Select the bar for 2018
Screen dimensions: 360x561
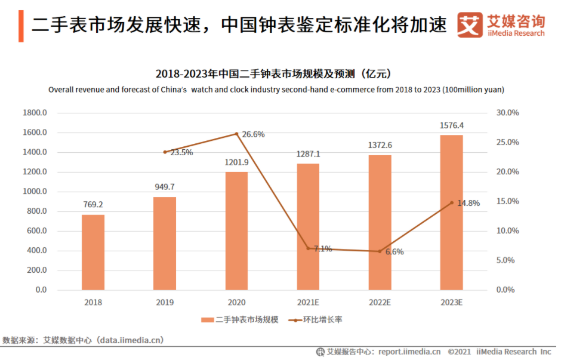(93, 252)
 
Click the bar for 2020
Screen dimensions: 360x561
(236, 230)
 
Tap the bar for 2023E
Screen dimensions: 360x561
(451, 212)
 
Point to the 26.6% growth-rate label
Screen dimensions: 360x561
(253, 134)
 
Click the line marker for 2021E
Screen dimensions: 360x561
(308, 248)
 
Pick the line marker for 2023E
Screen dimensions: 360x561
(451, 202)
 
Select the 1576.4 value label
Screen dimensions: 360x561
(451, 125)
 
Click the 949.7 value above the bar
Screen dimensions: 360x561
(165, 187)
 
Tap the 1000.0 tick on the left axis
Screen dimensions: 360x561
(34, 192)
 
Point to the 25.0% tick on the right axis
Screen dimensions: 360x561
(508, 142)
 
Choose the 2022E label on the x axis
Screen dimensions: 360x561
(380, 303)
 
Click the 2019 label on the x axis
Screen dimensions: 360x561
(165, 303)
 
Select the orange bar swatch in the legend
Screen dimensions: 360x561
(207, 320)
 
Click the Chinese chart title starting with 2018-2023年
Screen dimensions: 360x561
(274, 74)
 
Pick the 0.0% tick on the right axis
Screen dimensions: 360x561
(508, 290)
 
